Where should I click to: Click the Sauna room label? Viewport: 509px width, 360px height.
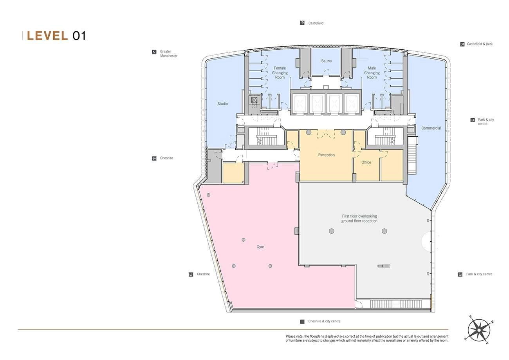click(x=326, y=61)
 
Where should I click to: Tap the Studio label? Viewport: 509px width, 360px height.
click(x=222, y=104)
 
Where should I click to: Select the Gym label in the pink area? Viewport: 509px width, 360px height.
click(x=260, y=247)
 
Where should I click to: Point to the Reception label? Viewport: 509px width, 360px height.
click(x=326, y=155)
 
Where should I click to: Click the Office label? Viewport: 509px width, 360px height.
click(x=366, y=162)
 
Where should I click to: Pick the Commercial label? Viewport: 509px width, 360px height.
click(x=431, y=128)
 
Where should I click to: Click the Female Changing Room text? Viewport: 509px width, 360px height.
click(x=280, y=73)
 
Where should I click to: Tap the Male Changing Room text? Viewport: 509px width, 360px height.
click(x=372, y=73)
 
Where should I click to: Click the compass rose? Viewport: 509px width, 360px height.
click(x=479, y=330)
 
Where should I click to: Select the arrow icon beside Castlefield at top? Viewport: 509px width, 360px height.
click(x=302, y=23)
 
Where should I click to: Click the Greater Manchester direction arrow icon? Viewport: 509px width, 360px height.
click(x=154, y=52)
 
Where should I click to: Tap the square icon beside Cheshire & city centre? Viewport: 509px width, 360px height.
click(x=302, y=321)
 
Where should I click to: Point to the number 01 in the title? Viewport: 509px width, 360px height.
click(x=79, y=36)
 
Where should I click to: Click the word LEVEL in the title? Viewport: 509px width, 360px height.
click(x=47, y=36)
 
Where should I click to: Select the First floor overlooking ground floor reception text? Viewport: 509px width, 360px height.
click(x=359, y=219)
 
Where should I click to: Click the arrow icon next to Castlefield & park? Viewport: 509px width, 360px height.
click(x=462, y=44)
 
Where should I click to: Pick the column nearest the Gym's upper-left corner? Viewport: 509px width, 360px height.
click(x=208, y=195)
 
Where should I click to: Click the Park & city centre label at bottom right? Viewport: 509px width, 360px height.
click(x=479, y=274)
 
